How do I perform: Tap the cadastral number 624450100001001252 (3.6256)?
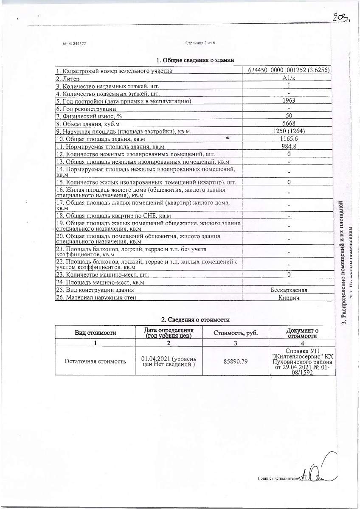(289, 70)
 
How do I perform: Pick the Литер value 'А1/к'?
(289, 78)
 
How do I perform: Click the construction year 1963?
(289, 101)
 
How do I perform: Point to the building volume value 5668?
(289, 123)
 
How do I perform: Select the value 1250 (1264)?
(289, 131)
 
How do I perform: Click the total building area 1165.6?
(289, 139)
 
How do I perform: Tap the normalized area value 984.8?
(289, 146)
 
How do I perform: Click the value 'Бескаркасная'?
(289, 290)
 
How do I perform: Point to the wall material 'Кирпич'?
(289, 298)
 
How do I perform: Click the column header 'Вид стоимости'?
(96, 333)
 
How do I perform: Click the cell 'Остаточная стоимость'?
(95, 361)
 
